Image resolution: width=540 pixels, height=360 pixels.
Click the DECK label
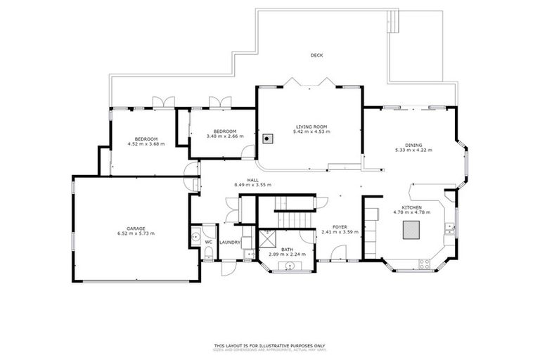[x=317, y=56]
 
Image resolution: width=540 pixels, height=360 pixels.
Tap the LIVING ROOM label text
[x=309, y=127]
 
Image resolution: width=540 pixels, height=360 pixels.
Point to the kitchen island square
[x=411, y=230]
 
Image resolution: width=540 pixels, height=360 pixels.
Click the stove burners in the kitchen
[x=424, y=264]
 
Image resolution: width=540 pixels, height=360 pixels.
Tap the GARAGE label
[x=136, y=228]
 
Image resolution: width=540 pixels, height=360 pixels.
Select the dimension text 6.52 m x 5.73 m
[x=136, y=233]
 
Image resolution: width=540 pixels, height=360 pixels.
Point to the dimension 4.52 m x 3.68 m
[x=146, y=144]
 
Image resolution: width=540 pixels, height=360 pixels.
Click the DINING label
[x=413, y=145]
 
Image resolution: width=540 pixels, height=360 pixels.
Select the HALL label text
[x=252, y=180]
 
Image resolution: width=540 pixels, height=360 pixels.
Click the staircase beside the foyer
[x=289, y=211]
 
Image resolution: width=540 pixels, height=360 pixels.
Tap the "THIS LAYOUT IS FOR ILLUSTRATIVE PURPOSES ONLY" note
[x=270, y=345]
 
